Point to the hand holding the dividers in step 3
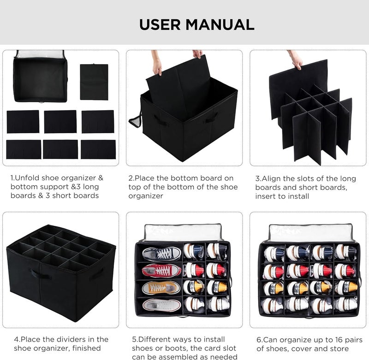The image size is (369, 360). coord(295,59)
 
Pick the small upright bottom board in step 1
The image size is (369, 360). coord(94,82)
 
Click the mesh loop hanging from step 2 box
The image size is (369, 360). coord(135,121)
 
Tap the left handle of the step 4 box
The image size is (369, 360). coord(40,274)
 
